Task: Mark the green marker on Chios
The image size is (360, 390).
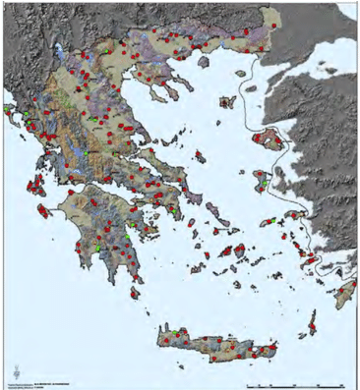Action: [264, 183]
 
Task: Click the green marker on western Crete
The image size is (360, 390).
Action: [175, 336]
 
